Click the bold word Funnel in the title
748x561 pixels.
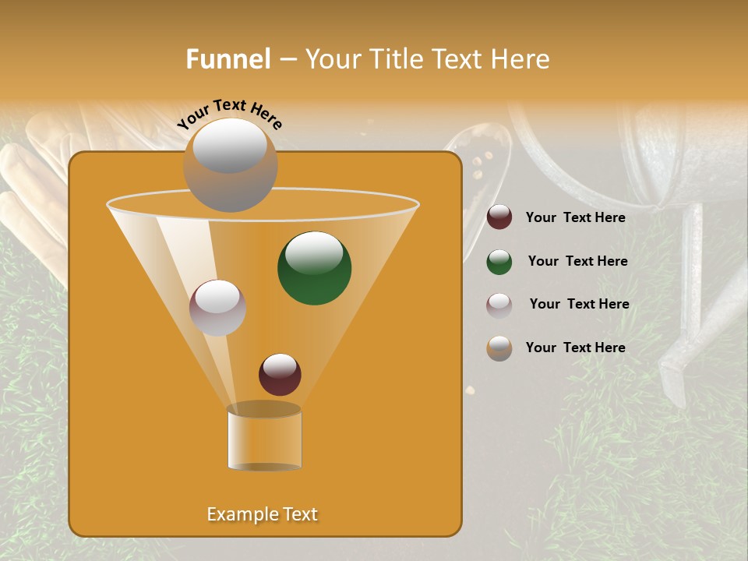coord(228,59)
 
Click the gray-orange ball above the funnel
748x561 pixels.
coord(230,165)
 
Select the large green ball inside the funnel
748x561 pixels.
coord(315,268)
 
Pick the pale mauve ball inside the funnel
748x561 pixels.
coord(217,308)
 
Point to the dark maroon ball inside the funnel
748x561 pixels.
coord(280,374)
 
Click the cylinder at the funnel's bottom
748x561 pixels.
coord(264,438)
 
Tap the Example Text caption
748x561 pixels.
coord(262,514)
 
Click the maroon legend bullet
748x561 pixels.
coord(499,217)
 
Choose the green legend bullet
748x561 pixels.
coord(499,262)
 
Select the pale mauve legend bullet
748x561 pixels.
coord(499,305)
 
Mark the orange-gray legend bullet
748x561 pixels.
coord(499,348)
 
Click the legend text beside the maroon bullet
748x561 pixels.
coord(575,217)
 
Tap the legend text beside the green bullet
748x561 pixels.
coord(577,261)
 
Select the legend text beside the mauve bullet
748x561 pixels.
coord(579,304)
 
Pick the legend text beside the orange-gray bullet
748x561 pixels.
coord(575,348)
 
